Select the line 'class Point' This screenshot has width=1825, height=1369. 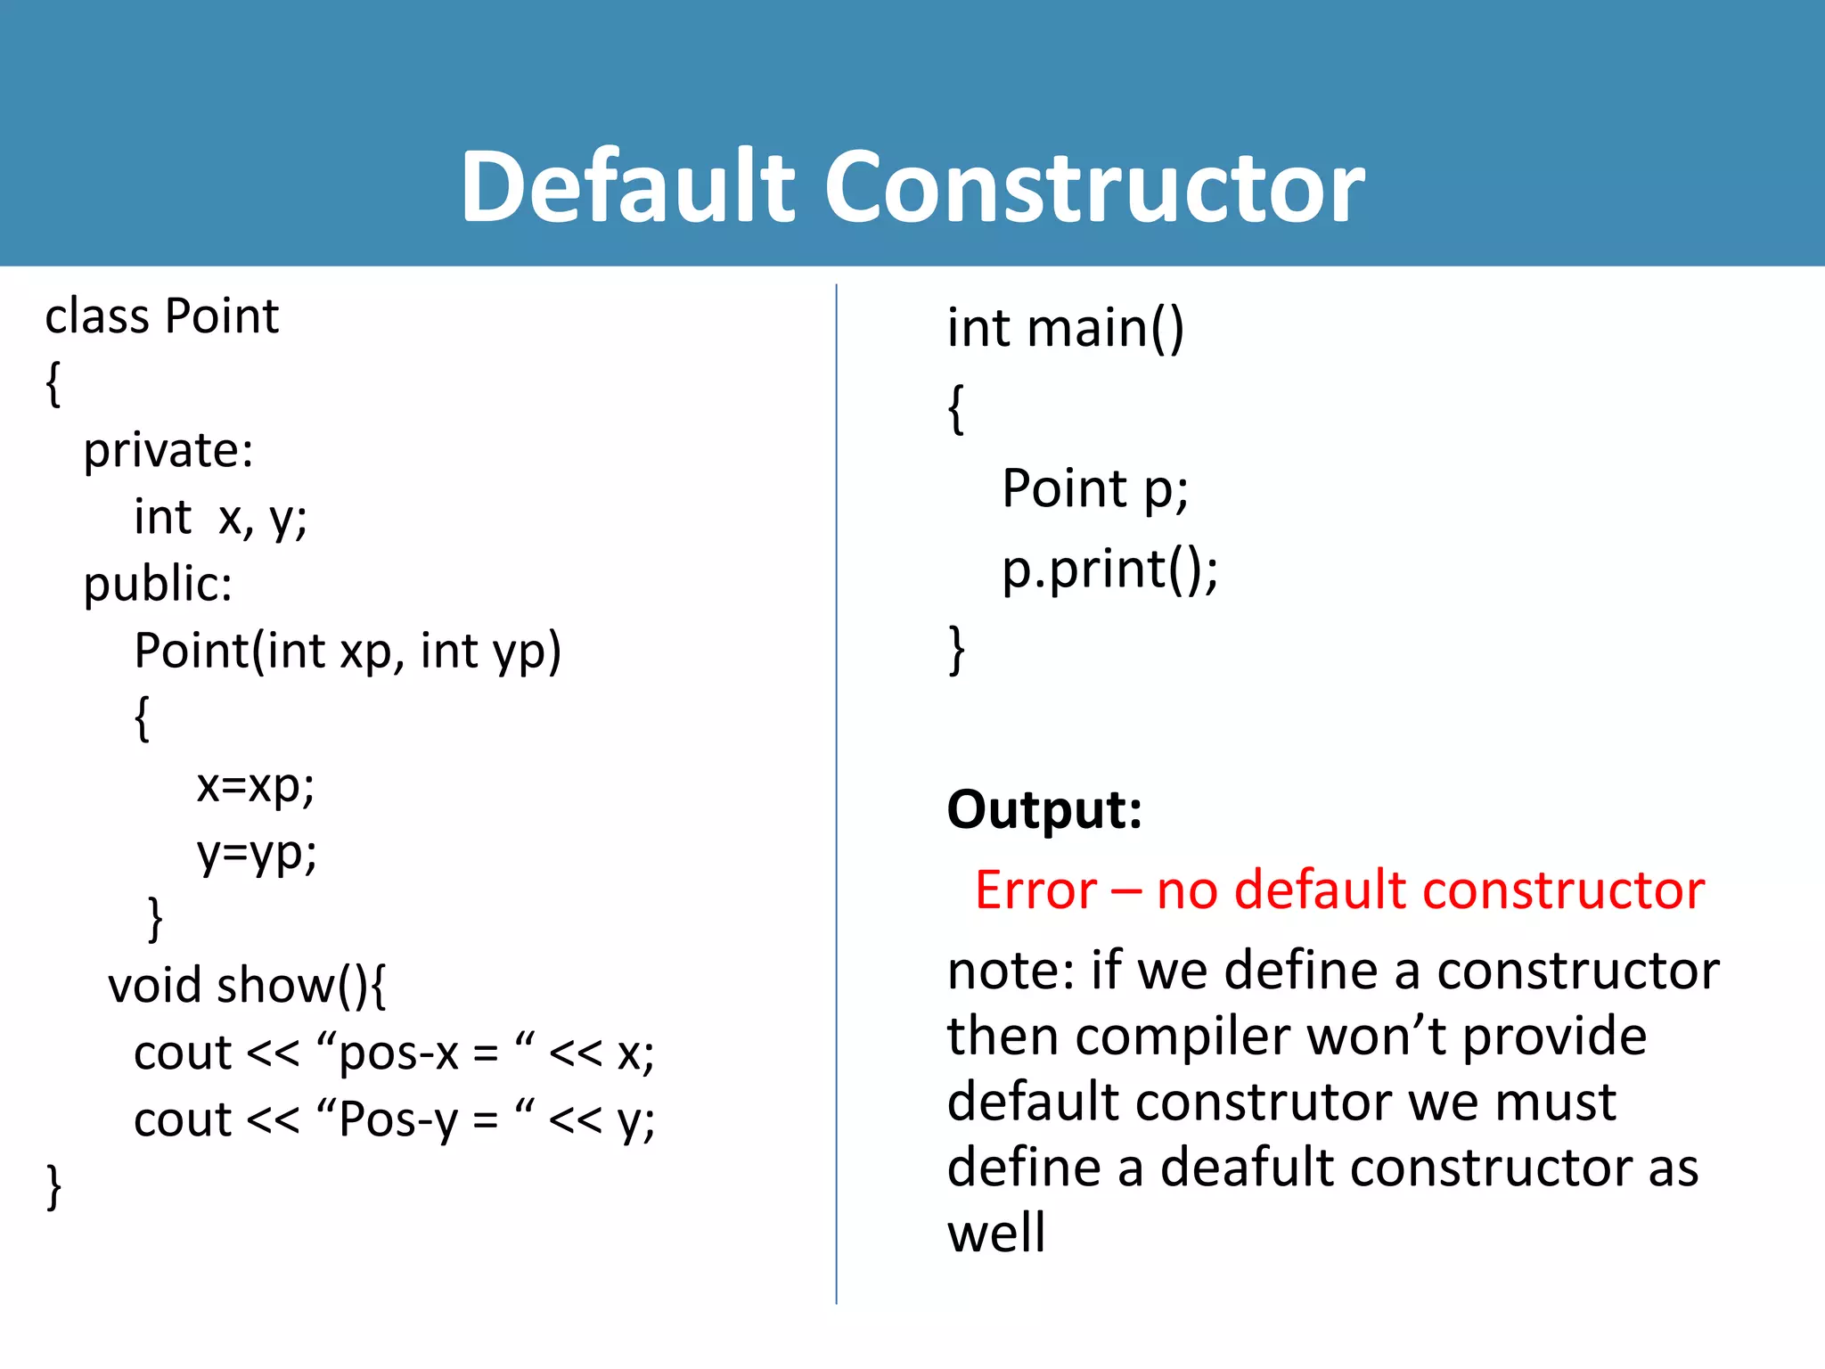tap(162, 316)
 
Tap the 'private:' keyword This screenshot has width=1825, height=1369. tap(168, 451)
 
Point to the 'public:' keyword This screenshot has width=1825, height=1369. tap(158, 585)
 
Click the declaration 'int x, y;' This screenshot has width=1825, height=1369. tap(220, 518)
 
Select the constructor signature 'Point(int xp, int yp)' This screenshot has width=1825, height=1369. tap(348, 652)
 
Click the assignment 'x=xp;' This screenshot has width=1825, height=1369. tap(256, 786)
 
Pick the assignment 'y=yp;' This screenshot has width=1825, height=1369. tap(257, 854)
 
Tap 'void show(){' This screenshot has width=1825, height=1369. tap(247, 987)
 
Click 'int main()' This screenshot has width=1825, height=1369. tap(1065, 329)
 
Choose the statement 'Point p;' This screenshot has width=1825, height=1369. tap(1094, 489)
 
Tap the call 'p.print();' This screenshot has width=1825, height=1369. tap(1109, 570)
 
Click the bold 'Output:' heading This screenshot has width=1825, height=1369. tap(1044, 810)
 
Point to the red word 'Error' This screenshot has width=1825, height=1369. tap(1035, 890)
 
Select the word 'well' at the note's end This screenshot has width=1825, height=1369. tap(995, 1234)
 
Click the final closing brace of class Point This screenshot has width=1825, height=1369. tap(53, 1187)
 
